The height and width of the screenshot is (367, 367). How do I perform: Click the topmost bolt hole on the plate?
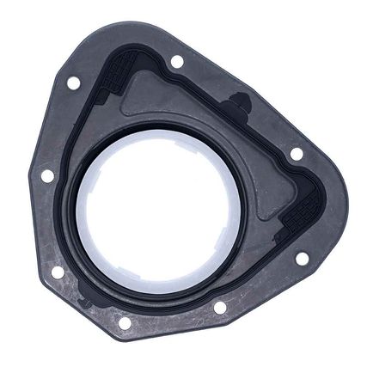coord(176,61)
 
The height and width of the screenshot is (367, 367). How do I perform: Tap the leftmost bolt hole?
coord(48,175)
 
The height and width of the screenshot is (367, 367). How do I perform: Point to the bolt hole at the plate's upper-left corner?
coord(73,83)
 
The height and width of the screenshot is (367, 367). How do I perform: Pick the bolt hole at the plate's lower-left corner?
coord(58,272)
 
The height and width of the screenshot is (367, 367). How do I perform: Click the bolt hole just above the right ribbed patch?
coord(297,154)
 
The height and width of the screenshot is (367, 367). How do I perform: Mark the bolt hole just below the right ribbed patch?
coord(302,257)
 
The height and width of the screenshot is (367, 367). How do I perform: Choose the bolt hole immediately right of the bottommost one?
coord(220,307)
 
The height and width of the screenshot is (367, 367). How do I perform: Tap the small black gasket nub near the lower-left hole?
coord(83,301)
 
